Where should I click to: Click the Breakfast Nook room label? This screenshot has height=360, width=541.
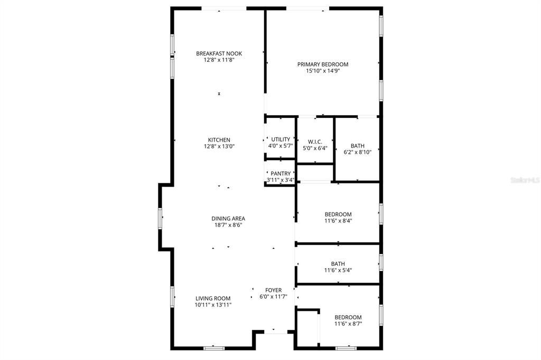(219, 53)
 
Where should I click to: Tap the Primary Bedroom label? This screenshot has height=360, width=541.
(323, 64)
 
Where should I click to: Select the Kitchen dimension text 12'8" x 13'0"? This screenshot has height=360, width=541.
(219, 146)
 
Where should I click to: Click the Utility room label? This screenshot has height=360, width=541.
(281, 140)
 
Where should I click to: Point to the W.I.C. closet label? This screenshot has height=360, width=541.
(315, 142)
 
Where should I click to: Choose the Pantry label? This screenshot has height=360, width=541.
(281, 173)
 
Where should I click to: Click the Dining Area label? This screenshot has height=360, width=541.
(228, 218)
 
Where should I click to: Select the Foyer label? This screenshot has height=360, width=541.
(274, 290)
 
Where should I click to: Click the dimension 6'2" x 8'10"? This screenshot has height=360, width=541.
(358, 152)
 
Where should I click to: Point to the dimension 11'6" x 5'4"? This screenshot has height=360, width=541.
(338, 270)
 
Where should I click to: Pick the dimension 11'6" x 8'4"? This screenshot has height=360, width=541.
(338, 221)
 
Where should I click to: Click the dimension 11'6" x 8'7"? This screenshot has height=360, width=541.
(348, 324)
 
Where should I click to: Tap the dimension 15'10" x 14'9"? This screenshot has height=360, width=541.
(323, 71)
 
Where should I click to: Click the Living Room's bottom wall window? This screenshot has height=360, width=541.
(214, 348)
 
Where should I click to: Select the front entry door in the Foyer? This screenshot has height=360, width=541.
(273, 332)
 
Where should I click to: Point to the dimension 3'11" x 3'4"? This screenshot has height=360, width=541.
(281, 180)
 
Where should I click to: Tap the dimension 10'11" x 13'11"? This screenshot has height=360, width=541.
(213, 304)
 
